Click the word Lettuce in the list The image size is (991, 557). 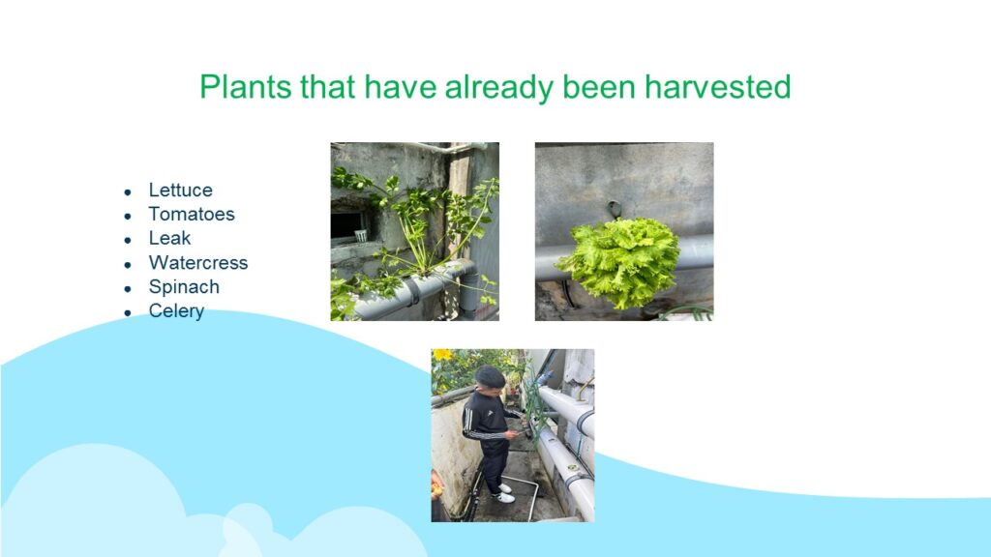pyautogui.click(x=180, y=191)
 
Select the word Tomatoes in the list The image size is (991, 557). pyautogui.click(x=192, y=214)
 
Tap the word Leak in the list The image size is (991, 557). pyautogui.click(x=169, y=238)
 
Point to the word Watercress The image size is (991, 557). pyautogui.click(x=198, y=263)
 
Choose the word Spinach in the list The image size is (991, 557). pyautogui.click(x=184, y=287)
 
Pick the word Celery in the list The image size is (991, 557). pyautogui.click(x=176, y=311)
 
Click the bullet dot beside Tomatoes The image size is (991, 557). pyautogui.click(x=128, y=216)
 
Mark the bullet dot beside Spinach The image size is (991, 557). pyautogui.click(x=128, y=288)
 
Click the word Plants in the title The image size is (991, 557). pyautogui.click(x=246, y=86)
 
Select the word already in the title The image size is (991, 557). pyautogui.click(x=499, y=88)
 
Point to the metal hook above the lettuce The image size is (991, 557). pyautogui.click(x=613, y=209)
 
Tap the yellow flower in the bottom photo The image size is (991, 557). pyautogui.click(x=442, y=355)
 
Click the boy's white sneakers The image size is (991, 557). pyautogui.click(x=504, y=494)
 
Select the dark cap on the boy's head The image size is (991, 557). pyautogui.click(x=491, y=376)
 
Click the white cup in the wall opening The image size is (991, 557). pyautogui.click(x=361, y=236)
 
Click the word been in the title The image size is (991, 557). pyautogui.click(x=598, y=86)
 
